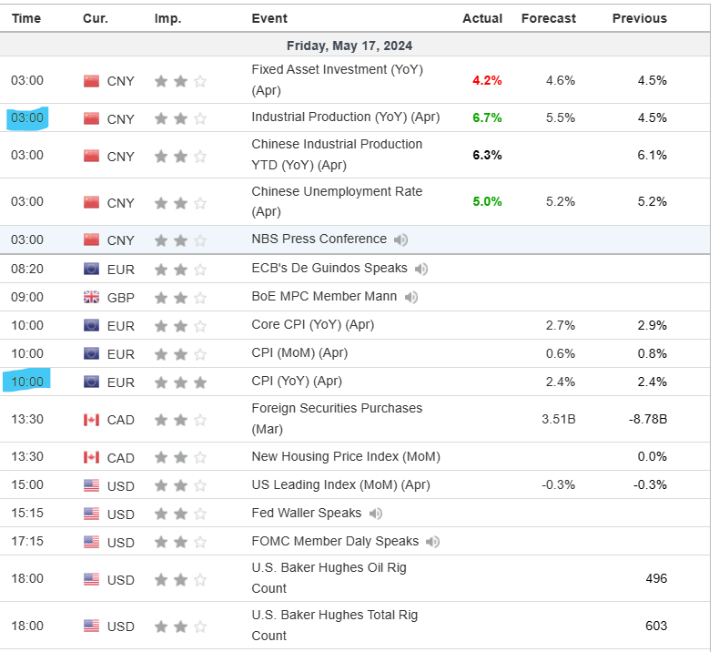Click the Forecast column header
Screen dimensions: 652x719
[548, 18]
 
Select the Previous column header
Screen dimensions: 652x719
[639, 18]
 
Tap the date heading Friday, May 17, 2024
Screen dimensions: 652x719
[349, 46]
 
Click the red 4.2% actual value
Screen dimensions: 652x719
[487, 80]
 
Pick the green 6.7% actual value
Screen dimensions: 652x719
[487, 117]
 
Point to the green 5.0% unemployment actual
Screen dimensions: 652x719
[487, 201]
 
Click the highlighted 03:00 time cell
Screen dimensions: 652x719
[27, 117]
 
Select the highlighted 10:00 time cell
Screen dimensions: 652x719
[27, 382]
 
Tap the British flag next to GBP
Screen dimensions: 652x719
[91, 297]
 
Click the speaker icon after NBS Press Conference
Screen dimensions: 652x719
[401, 239]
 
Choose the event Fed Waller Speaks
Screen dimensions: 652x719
[306, 513]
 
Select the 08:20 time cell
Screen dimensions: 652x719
[27, 269]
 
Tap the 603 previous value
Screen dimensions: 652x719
[655, 626]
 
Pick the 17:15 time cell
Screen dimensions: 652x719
[27, 542]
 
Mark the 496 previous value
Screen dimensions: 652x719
[655, 578]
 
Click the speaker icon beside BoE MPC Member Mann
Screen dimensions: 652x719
[411, 297]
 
